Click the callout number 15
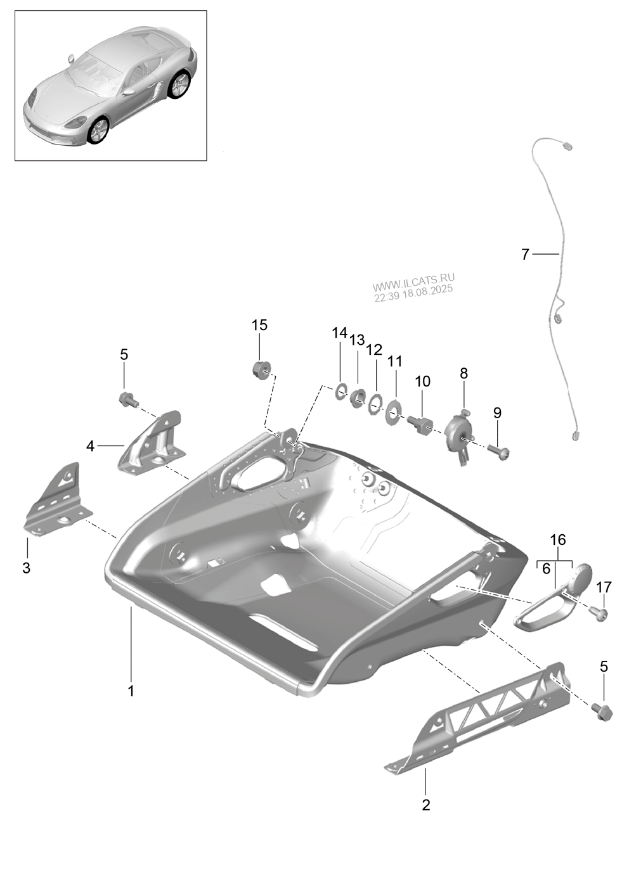pos(259,325)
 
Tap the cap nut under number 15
pos(261,369)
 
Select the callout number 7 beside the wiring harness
pos(524,255)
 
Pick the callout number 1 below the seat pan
pos(131,690)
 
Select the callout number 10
pos(422,381)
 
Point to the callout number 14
pos(340,333)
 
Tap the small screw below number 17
pos(598,613)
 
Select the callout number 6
pos(546,569)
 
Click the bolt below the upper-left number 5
pos(127,400)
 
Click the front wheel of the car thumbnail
pos(98,129)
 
